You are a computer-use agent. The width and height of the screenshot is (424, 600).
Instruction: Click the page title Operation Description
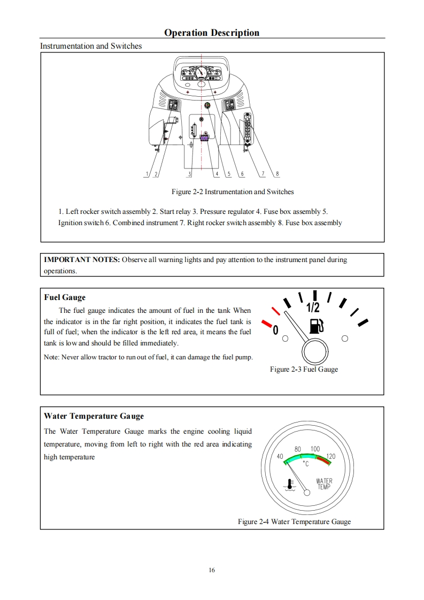[x=212, y=33]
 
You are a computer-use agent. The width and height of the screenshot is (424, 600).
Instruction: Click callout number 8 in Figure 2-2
[x=277, y=174]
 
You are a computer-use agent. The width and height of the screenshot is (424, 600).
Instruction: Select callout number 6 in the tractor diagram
[x=242, y=174]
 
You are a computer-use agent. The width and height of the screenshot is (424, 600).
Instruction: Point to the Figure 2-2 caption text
[x=233, y=191]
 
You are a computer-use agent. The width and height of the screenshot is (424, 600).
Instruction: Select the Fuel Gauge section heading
[x=65, y=297]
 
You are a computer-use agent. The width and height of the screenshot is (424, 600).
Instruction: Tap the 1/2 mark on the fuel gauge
[x=313, y=308]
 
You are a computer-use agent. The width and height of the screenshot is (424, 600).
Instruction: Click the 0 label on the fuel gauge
[x=275, y=330]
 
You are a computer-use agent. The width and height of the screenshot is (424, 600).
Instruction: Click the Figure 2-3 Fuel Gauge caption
[x=304, y=369]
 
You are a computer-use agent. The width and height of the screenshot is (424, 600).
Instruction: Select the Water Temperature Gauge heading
[x=94, y=416]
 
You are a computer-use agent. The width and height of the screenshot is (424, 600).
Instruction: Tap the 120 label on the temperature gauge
[x=331, y=456]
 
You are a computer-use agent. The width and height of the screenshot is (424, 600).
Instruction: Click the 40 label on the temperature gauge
[x=279, y=456]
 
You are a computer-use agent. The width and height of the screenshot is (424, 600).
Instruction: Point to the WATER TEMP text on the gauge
[x=324, y=483]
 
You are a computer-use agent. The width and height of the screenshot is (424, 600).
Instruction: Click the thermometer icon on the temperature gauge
[x=290, y=484]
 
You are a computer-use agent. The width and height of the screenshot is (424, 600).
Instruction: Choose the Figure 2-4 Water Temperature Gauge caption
[x=294, y=521]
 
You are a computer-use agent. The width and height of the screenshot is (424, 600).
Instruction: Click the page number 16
[x=212, y=570]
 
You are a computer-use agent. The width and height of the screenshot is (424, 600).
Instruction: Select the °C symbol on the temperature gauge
[x=306, y=464]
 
